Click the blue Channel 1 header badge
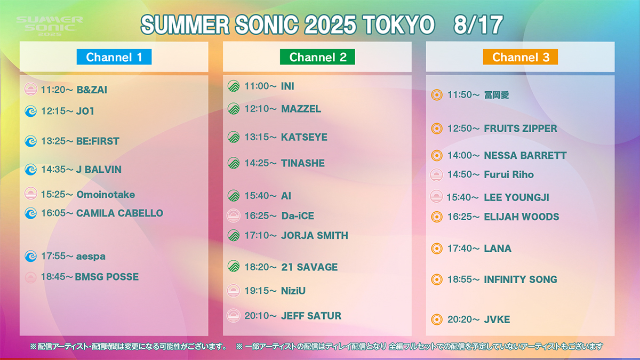click(114, 57)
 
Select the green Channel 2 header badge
click(317, 57)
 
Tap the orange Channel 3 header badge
click(521, 57)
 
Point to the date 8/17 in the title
click(478, 25)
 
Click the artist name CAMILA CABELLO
click(119, 213)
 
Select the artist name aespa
click(91, 257)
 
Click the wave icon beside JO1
click(30, 111)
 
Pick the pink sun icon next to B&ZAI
click(30, 89)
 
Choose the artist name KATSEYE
click(305, 137)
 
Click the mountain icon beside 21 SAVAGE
click(234, 266)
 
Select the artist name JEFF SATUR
click(311, 316)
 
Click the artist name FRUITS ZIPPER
click(521, 129)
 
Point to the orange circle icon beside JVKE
click(437, 319)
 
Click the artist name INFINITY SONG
click(521, 279)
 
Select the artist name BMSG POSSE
click(107, 277)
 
